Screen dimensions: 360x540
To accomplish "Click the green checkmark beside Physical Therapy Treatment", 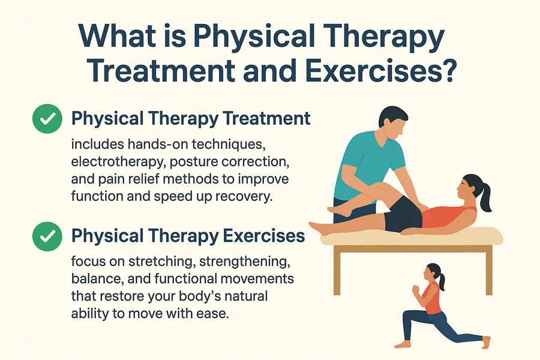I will tap(47, 118).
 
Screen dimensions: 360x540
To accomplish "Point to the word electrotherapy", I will tap(112, 162).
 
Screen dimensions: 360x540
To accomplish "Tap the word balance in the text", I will tap(92, 280).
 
